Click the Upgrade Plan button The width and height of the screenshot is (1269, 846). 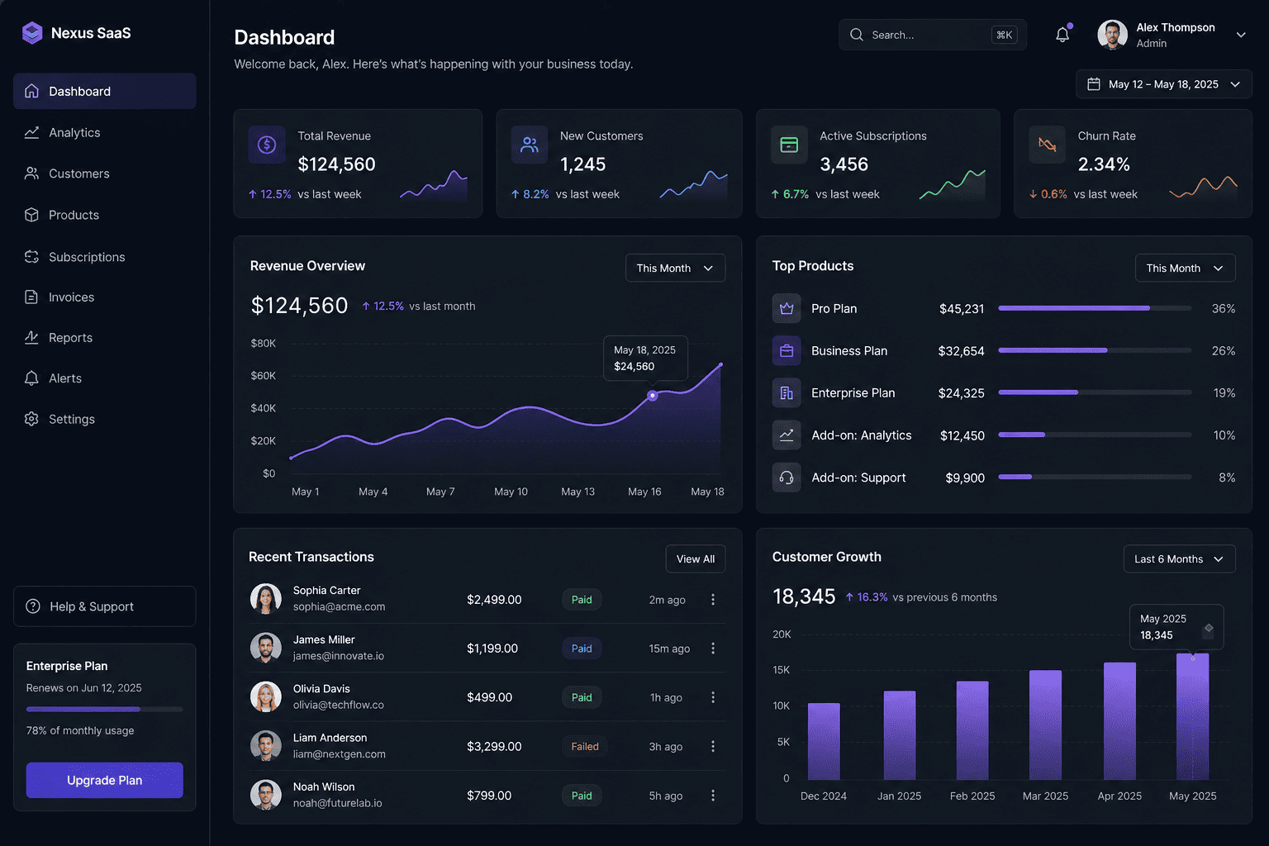[x=104, y=780]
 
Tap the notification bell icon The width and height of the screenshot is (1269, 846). [x=1062, y=35]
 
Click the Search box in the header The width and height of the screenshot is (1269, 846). [x=933, y=35]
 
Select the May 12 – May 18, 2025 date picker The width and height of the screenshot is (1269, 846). [x=1163, y=84]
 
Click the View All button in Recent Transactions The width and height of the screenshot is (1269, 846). [x=695, y=558]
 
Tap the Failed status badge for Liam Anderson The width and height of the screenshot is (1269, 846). [x=584, y=746]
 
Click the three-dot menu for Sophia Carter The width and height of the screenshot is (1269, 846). [x=713, y=600]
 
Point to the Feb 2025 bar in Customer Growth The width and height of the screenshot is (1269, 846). [x=972, y=730]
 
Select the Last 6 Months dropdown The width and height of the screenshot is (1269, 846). [x=1179, y=558]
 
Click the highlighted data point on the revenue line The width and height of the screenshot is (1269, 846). [x=653, y=396]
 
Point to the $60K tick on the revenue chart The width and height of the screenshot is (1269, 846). [x=264, y=376]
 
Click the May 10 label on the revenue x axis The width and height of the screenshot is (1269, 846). [x=511, y=492]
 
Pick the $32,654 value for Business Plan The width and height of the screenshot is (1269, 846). [x=961, y=351]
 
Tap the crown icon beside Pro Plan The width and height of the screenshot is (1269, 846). [x=787, y=308]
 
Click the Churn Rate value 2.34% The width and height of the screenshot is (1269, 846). [x=1104, y=164]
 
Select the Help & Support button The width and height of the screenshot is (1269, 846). [x=104, y=606]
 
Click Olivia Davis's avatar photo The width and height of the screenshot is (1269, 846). [x=266, y=697]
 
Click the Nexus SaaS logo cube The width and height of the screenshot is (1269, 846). [x=32, y=33]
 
